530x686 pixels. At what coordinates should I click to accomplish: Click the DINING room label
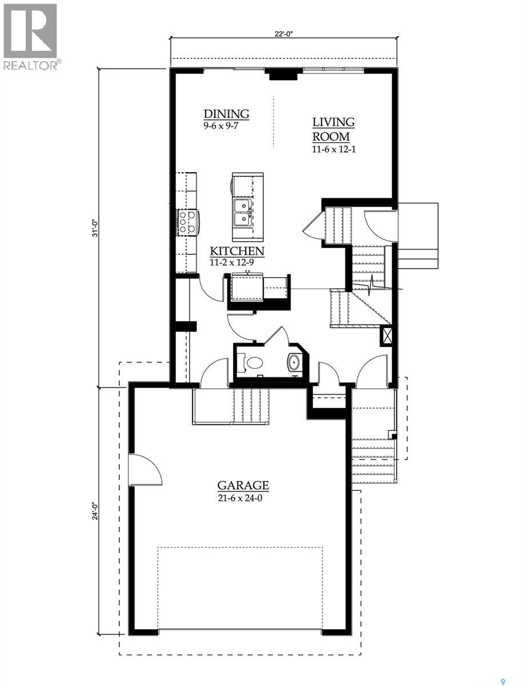click(226, 113)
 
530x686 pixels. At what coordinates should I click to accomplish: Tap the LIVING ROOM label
click(333, 129)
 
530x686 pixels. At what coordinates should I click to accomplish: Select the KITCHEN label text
click(237, 251)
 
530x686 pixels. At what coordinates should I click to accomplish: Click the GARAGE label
click(243, 486)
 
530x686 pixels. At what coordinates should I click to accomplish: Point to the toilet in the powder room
click(252, 362)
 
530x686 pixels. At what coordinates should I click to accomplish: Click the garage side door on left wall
click(145, 470)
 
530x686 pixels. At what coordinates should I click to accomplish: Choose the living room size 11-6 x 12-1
click(333, 150)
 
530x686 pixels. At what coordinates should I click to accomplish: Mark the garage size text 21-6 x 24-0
click(243, 498)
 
